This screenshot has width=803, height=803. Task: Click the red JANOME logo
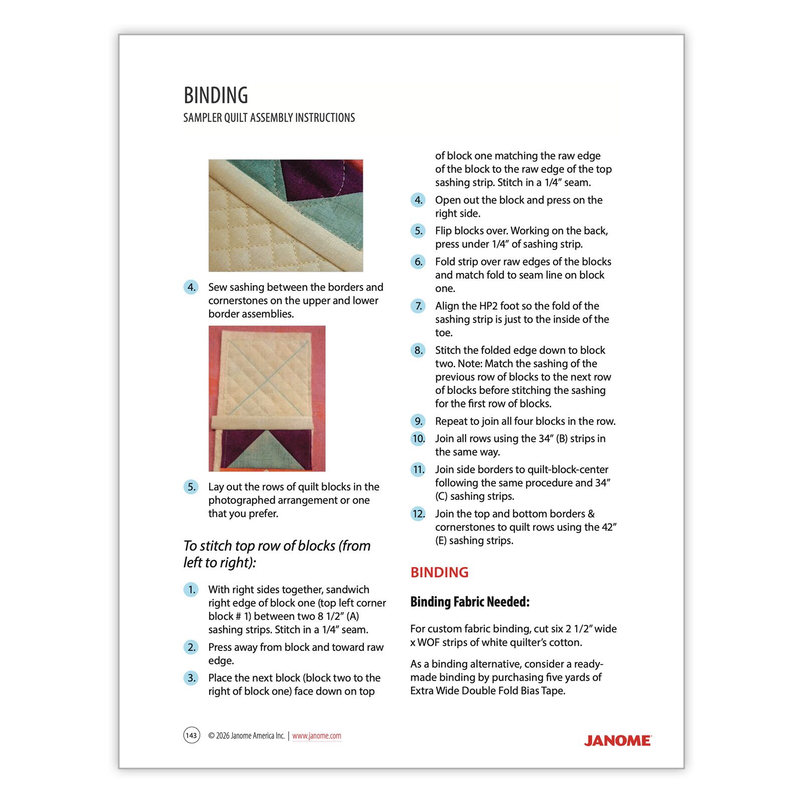617,741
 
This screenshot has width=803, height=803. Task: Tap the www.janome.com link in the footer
317,736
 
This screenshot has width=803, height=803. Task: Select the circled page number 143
192,735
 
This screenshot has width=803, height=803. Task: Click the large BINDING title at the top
216,95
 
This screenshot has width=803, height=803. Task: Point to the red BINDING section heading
439,572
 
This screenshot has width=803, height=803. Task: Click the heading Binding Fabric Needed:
470,602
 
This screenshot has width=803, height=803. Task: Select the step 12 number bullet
418,514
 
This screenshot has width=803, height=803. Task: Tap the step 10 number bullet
418,439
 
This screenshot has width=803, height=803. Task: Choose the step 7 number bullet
418,306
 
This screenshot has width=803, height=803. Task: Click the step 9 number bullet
418,421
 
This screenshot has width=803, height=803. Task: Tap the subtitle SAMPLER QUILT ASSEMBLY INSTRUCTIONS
269,118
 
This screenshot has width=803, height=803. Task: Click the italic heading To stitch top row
277,554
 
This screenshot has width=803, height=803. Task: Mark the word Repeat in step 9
450,422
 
